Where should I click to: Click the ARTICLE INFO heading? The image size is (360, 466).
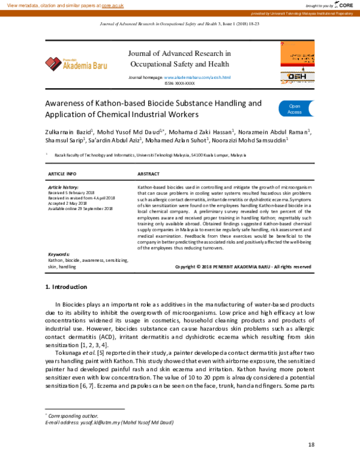[x=62, y=173]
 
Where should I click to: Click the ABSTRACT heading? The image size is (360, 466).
[x=149, y=173]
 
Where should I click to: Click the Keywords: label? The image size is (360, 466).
[x=59, y=255]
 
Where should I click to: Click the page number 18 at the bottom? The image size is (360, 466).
[x=311, y=444]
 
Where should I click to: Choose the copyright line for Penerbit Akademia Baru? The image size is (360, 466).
[x=242, y=266]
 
